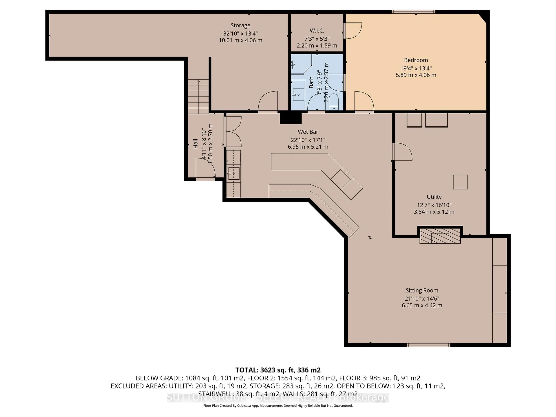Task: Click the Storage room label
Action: (240, 25)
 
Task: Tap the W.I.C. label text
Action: (317, 31)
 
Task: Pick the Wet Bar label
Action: (308, 132)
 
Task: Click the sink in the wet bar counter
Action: (234, 173)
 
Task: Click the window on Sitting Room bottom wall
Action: (428, 345)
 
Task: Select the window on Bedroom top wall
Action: (414, 12)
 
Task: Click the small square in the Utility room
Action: (460, 182)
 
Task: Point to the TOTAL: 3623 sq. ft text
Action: (278, 370)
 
